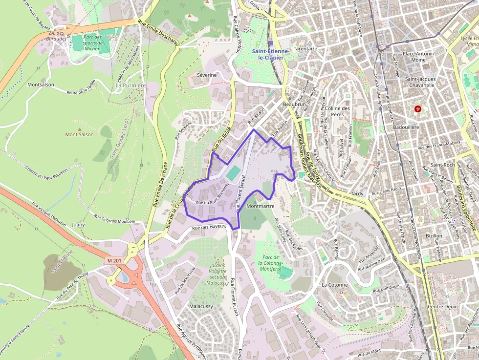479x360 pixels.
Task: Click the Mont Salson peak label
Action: point(79,134)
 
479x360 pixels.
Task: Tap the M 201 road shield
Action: point(114,261)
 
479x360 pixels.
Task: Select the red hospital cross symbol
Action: point(417,109)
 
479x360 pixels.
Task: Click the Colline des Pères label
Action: point(338,111)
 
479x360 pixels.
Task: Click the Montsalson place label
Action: point(41,85)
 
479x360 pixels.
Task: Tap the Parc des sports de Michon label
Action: point(92,43)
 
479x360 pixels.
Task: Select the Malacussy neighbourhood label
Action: point(201,306)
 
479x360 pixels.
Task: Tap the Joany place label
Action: point(78,225)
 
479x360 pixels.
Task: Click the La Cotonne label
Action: point(335,284)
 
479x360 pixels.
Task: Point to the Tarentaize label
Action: point(305,49)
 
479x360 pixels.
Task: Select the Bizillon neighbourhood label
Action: point(434,235)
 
